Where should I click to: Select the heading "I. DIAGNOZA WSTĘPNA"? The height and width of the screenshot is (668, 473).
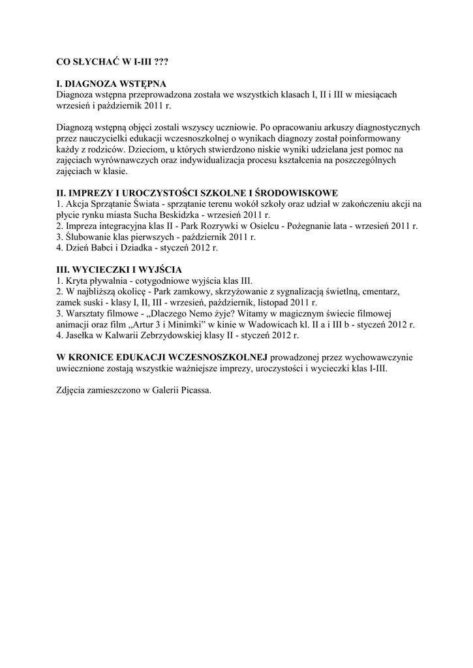pos(112,83)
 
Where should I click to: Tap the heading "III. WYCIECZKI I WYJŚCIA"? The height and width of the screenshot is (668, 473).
pos(119,269)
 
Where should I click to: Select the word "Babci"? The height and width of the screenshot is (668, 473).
pos(106,248)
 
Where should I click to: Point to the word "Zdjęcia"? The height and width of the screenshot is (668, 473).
pos(72,391)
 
